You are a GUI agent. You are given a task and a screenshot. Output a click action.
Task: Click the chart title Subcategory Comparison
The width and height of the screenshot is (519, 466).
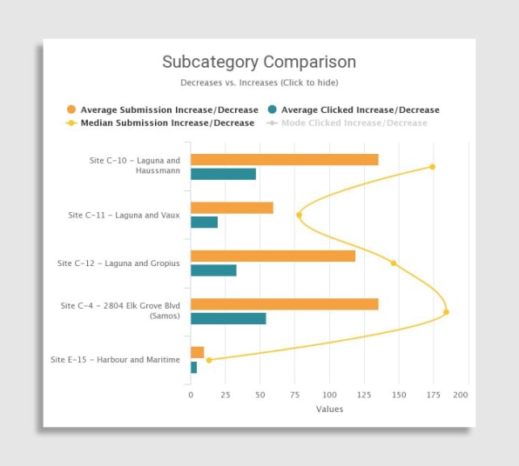(x=259, y=62)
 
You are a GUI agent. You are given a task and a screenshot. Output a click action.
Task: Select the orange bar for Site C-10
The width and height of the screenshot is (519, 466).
(x=285, y=160)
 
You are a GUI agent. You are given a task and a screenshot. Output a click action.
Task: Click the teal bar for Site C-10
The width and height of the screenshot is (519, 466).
(x=224, y=174)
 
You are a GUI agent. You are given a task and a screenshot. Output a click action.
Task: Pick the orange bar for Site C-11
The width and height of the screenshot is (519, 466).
(x=232, y=208)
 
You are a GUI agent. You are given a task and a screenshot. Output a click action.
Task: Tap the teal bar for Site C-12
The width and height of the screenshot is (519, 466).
(x=213, y=270)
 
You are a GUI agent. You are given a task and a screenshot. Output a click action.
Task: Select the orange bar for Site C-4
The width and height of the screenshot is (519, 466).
(x=285, y=304)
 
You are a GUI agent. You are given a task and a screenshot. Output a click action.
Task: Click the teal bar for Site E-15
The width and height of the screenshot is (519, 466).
(x=194, y=367)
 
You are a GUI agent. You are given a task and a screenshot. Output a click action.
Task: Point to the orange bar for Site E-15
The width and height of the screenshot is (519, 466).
(x=198, y=352)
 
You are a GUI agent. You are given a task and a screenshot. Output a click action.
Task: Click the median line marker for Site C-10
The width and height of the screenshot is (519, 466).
(x=432, y=167)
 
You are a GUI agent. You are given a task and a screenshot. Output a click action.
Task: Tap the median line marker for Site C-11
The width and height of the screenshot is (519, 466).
(x=299, y=215)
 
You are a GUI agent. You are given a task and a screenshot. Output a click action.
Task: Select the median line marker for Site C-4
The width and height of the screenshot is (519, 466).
(x=446, y=312)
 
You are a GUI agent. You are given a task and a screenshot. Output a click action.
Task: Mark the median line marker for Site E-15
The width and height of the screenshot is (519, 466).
(x=209, y=360)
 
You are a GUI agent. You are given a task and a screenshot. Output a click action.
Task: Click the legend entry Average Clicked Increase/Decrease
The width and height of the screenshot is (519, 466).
(x=354, y=110)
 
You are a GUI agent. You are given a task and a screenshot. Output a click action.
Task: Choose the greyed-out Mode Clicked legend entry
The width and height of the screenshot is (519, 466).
(x=347, y=123)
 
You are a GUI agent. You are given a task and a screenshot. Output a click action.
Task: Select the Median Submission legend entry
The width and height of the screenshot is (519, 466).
(x=160, y=123)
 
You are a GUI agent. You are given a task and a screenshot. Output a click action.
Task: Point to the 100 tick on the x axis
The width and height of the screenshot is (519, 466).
(x=329, y=395)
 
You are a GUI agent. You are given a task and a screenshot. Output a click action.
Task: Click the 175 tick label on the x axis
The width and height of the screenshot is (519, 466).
(x=434, y=395)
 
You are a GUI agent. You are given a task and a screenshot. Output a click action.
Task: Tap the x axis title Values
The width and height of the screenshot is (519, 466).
(x=329, y=409)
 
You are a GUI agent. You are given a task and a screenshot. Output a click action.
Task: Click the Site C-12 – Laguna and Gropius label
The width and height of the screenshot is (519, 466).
(x=118, y=263)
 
